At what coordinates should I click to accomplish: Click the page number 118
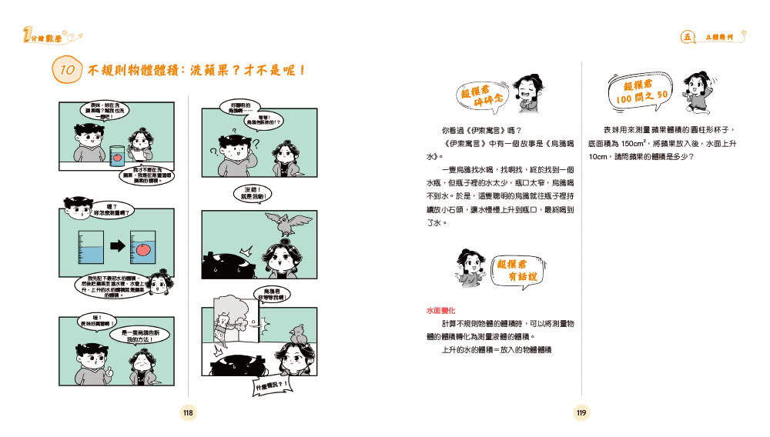point(187,413)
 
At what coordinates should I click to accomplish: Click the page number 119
point(581,413)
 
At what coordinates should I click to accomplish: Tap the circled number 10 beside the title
point(67,70)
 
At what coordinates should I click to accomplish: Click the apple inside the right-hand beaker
point(143,248)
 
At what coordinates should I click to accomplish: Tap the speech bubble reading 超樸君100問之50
point(641,91)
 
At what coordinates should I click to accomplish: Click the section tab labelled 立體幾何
point(721,36)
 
